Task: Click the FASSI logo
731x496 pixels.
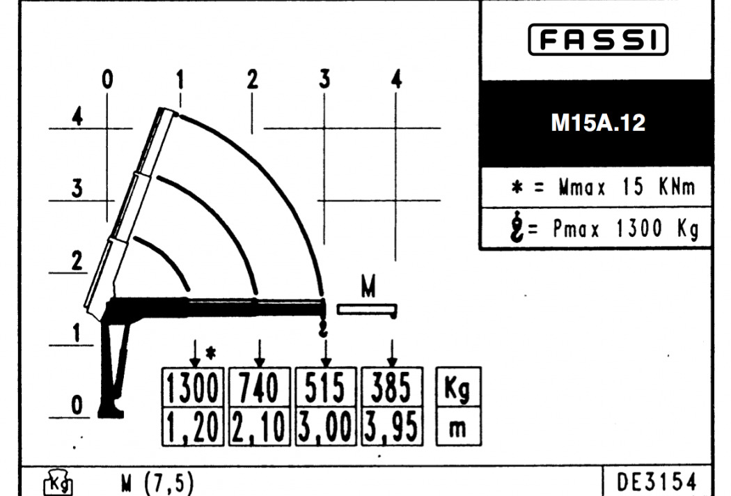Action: pos(598,40)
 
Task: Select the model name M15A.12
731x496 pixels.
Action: pos(598,123)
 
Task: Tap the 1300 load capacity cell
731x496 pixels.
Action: pos(193,387)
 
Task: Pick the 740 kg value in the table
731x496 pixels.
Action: pos(260,387)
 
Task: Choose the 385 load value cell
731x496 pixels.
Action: pos(392,387)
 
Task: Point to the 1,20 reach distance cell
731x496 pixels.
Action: pos(193,426)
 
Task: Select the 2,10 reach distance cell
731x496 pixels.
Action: pos(260,426)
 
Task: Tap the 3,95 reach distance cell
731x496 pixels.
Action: pos(392,426)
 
